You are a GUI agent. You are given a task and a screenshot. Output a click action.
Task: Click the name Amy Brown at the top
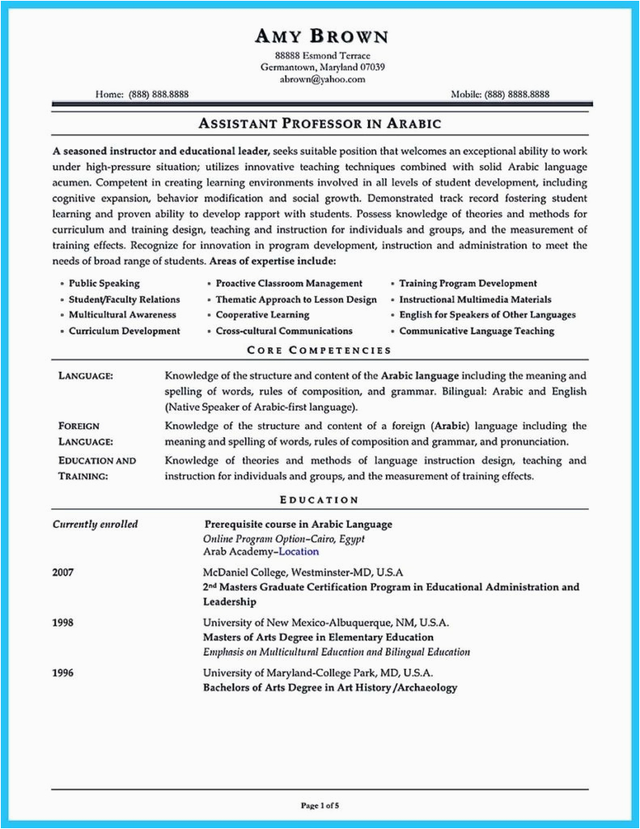(321, 36)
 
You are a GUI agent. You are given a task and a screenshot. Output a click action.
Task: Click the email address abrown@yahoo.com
(322, 79)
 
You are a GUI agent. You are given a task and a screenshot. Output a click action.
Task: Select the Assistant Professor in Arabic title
(320, 124)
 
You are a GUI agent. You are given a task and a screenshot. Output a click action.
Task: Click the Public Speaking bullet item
(104, 283)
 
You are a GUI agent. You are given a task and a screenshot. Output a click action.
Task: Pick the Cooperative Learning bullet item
(262, 315)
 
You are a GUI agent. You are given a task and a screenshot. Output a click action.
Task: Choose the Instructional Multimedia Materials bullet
(476, 300)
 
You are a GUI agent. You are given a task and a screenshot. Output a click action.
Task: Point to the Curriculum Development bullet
(124, 331)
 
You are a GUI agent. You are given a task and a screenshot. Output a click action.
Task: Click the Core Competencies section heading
(319, 351)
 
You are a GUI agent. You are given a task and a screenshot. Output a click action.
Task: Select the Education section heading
(319, 500)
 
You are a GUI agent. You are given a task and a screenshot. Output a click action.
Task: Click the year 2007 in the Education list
(64, 572)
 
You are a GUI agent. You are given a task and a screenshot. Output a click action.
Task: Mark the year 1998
(64, 623)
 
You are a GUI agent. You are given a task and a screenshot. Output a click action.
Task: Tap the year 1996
(64, 673)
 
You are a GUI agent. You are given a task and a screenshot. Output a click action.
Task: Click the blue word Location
(299, 551)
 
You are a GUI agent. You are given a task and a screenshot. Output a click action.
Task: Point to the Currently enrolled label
(95, 524)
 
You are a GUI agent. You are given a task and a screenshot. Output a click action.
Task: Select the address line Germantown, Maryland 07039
(322, 67)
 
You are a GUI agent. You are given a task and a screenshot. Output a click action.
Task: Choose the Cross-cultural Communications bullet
(283, 331)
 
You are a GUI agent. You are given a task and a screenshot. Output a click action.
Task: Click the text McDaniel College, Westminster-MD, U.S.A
(303, 572)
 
